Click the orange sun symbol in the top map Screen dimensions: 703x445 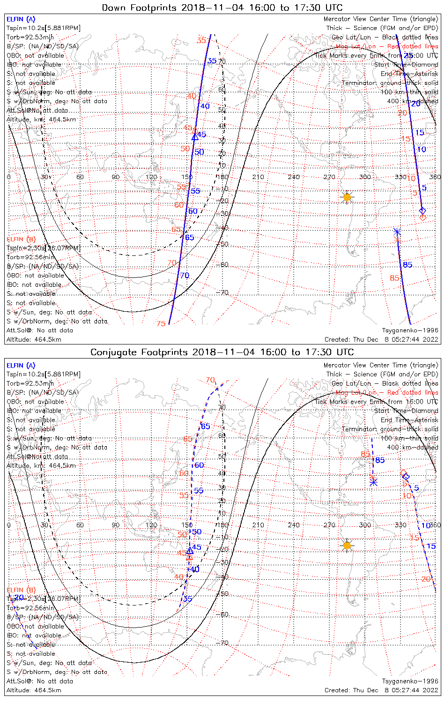(347, 197)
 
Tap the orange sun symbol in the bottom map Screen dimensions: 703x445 (347, 545)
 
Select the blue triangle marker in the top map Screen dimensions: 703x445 (195, 137)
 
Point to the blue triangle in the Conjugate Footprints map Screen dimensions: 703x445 (190, 551)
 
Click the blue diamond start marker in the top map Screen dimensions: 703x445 (422, 210)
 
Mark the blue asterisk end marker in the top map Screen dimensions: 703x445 (397, 232)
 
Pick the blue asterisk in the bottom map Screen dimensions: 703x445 (373, 482)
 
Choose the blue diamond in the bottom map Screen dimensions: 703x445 (406, 477)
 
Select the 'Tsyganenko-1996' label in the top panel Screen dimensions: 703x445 (410, 330)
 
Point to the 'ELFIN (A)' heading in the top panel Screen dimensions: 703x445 (21, 19)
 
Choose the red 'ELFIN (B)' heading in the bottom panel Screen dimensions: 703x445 (21, 590)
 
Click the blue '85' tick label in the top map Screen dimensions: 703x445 (408, 265)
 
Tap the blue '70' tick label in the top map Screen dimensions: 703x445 (185, 276)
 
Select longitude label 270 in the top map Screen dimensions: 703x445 (329, 177)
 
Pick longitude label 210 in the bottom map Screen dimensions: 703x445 (258, 525)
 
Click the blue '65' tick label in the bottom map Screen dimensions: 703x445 (205, 426)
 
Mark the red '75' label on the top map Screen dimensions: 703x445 (161, 324)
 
